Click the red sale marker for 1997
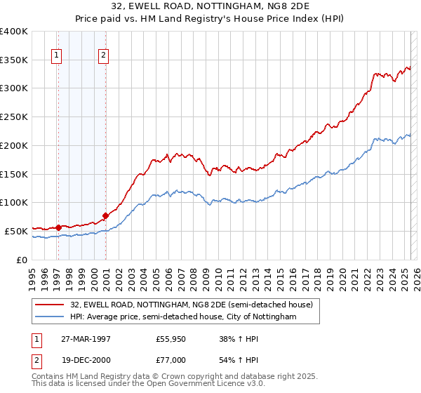click(59, 227)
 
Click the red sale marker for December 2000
click(105, 215)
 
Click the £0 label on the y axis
click(22, 260)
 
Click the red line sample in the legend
click(49, 305)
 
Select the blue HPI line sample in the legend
click(49, 317)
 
